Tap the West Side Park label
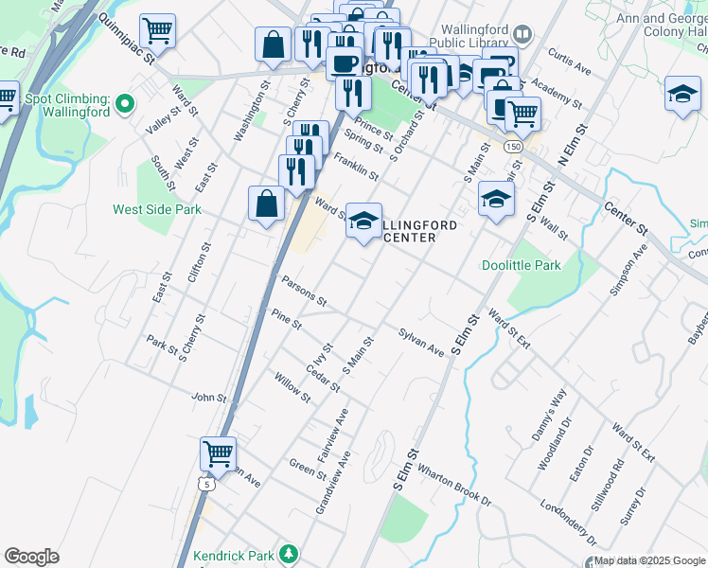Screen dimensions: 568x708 tap(156, 209)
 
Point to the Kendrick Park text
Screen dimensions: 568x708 tap(238, 555)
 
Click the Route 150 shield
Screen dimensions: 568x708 tap(512, 147)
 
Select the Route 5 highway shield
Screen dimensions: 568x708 tap(206, 484)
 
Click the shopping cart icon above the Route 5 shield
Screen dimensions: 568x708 tap(219, 453)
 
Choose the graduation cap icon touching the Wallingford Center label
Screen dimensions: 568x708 tap(363, 220)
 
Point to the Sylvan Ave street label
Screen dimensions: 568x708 tap(421, 343)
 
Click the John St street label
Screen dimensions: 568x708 tap(209, 398)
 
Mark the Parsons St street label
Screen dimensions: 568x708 tap(303, 291)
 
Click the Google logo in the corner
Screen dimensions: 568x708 tap(31, 557)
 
